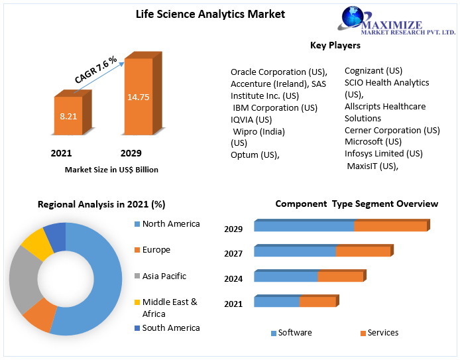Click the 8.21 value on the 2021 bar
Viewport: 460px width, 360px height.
[x=68, y=116]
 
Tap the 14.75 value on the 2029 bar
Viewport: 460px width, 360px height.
[x=138, y=97]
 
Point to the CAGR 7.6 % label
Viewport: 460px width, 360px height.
[x=95, y=70]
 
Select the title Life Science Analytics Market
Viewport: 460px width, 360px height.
[x=210, y=14]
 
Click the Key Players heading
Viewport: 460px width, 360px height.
[x=335, y=45]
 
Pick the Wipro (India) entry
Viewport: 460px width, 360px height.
[x=259, y=131]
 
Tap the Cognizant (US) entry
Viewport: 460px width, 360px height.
[x=373, y=71]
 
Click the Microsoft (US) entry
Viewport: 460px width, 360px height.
[x=373, y=141]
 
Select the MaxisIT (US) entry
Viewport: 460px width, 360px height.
[x=373, y=166]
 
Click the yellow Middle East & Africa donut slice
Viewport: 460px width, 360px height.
[x=36, y=245]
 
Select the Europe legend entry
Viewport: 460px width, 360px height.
[x=152, y=250]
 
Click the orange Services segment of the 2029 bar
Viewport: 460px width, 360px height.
[x=390, y=226]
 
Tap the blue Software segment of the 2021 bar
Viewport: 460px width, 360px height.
[x=276, y=302]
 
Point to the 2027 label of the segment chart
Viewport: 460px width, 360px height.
[x=233, y=253]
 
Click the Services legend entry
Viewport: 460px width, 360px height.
[x=379, y=333]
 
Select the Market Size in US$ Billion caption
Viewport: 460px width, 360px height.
[x=111, y=170]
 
